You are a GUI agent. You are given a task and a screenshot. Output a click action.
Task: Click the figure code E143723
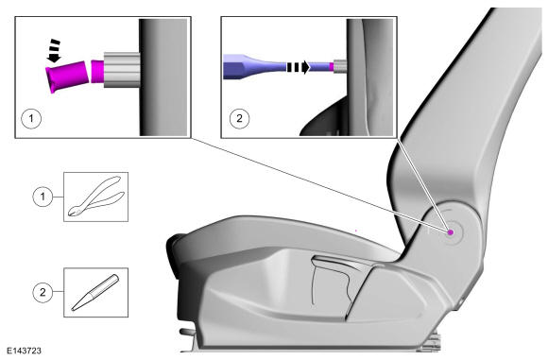coord(24,351)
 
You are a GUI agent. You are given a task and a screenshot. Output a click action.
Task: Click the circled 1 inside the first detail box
coord(31,118)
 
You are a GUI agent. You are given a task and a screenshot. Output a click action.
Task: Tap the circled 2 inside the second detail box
coord(239,118)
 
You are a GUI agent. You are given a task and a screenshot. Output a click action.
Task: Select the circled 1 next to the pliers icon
coord(43,197)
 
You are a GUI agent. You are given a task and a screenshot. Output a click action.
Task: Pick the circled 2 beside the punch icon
coord(43,292)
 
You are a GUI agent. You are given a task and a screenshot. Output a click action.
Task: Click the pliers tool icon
coord(96,197)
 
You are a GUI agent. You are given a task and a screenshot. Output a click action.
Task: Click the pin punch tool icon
coord(95,293)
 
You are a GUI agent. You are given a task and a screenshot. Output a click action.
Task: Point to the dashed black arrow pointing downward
coord(54,51)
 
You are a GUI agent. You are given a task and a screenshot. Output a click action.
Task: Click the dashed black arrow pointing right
coord(299,67)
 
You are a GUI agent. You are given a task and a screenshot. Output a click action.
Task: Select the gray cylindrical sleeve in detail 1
coord(122,70)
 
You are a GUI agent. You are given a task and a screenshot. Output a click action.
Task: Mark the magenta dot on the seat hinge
coord(451,232)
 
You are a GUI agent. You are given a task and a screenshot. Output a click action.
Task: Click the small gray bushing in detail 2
coord(340,66)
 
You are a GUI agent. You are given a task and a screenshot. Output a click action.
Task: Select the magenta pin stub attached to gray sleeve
coord(97,71)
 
